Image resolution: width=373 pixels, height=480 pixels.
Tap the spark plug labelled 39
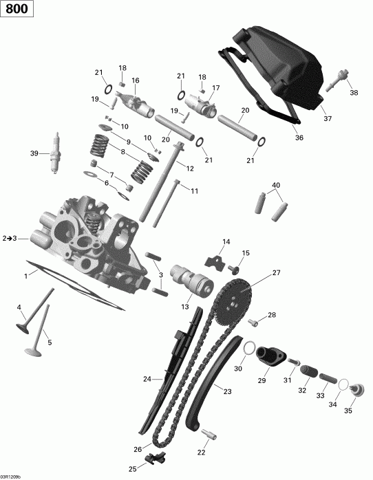tap(53, 153)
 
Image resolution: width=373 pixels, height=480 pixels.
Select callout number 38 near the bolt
tap(354, 93)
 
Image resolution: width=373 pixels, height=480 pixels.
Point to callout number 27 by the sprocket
tap(277, 273)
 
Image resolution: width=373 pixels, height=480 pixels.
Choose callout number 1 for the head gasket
tap(26, 276)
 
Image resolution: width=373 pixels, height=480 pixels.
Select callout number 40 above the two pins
tap(276, 185)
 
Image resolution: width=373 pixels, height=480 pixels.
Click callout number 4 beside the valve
tap(19, 307)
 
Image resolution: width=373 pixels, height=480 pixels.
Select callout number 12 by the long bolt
tap(189, 167)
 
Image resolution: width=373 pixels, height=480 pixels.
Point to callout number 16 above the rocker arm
tap(136, 80)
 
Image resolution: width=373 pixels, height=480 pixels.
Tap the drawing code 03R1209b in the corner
tap(11, 476)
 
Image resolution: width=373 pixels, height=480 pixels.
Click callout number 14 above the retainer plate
tap(226, 241)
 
